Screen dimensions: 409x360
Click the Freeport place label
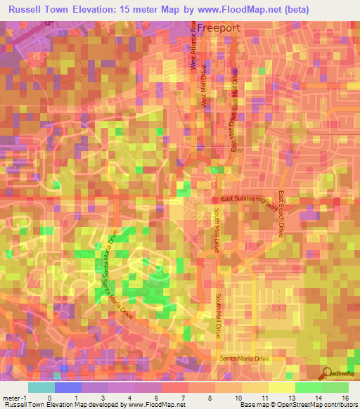pos(218,27)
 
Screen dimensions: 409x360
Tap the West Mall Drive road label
pos(206,91)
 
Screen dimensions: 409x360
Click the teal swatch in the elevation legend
pos(41,387)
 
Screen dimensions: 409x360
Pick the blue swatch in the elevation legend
pos(68,387)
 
